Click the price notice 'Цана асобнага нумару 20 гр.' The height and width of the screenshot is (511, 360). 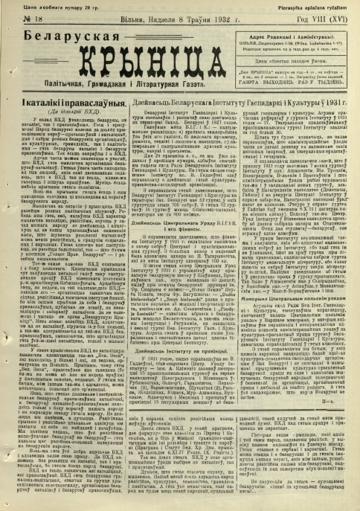pos(41,6)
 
